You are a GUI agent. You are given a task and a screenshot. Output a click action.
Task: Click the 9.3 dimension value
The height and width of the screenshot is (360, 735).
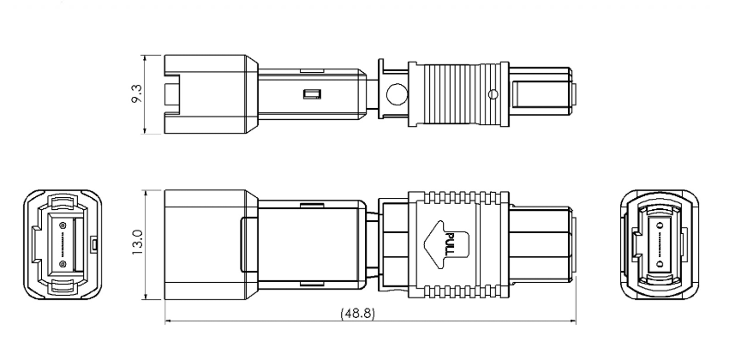pos(128,94)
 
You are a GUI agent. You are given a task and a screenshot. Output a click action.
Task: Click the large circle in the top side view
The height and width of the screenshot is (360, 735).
pos(397,93)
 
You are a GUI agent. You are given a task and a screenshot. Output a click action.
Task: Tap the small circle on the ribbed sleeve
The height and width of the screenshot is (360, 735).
pos(492,93)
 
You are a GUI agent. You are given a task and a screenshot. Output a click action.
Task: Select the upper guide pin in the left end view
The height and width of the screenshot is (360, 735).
pos(63,225)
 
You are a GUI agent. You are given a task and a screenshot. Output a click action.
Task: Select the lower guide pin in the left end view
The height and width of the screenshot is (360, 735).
pos(63,264)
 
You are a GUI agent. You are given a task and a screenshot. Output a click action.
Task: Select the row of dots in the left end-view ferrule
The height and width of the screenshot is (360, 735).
pos(64,244)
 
